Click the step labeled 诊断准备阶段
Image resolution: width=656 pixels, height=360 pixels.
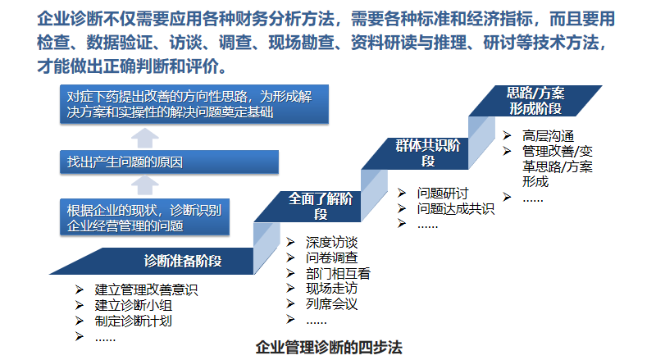167,262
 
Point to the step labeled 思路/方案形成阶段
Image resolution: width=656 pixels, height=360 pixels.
535,101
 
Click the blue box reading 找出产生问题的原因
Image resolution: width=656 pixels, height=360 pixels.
169,162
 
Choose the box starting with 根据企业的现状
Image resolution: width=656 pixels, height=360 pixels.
145,217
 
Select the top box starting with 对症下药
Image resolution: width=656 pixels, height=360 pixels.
194,104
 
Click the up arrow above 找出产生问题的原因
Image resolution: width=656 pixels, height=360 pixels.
145,138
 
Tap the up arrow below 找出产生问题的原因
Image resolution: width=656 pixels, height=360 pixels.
145,185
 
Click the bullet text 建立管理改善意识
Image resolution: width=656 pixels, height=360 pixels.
146,289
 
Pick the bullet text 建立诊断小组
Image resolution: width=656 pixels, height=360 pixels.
134,306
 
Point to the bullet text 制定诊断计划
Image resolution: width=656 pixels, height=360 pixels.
134,321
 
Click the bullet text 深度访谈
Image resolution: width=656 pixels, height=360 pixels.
332,243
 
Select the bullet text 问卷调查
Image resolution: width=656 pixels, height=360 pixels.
332,257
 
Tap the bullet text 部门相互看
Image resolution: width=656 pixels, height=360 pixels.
338,273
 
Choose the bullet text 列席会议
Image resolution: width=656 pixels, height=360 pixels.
332,304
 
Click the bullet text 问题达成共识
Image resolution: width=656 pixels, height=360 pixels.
456,208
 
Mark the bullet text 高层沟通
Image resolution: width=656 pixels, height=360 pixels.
548,135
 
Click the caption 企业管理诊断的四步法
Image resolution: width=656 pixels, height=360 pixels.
329,348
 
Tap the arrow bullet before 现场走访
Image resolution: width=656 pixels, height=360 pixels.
290,289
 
